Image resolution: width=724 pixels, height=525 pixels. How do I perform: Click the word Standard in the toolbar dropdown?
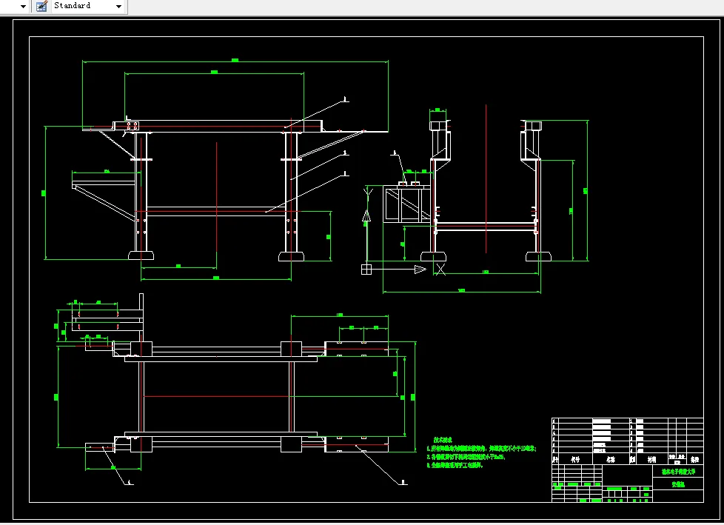click(x=72, y=6)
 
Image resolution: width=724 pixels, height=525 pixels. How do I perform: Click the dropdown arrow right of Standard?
click(x=119, y=7)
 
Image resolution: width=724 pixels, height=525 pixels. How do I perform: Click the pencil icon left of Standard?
click(x=41, y=6)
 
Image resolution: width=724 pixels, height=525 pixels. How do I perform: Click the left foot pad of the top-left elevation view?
click(x=141, y=256)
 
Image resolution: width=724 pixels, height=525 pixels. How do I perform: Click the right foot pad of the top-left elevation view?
click(x=291, y=256)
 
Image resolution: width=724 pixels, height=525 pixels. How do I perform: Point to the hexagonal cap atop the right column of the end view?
click(x=532, y=125)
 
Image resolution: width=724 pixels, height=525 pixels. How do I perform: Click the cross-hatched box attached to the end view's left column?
click(x=403, y=205)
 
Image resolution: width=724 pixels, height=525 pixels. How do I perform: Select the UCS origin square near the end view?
click(x=366, y=270)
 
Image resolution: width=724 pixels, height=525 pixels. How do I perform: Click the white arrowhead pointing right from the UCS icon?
click(x=420, y=270)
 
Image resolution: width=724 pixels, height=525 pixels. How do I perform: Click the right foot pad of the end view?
click(x=538, y=256)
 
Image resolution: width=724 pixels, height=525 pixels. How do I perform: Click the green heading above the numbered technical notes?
click(x=443, y=439)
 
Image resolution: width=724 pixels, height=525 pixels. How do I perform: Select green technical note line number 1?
click(x=482, y=448)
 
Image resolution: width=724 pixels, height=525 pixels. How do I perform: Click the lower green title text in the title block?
click(x=678, y=484)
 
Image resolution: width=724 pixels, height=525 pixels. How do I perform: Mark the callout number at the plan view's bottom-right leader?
click(x=403, y=482)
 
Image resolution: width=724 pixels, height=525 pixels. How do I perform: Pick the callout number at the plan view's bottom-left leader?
click(x=130, y=482)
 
